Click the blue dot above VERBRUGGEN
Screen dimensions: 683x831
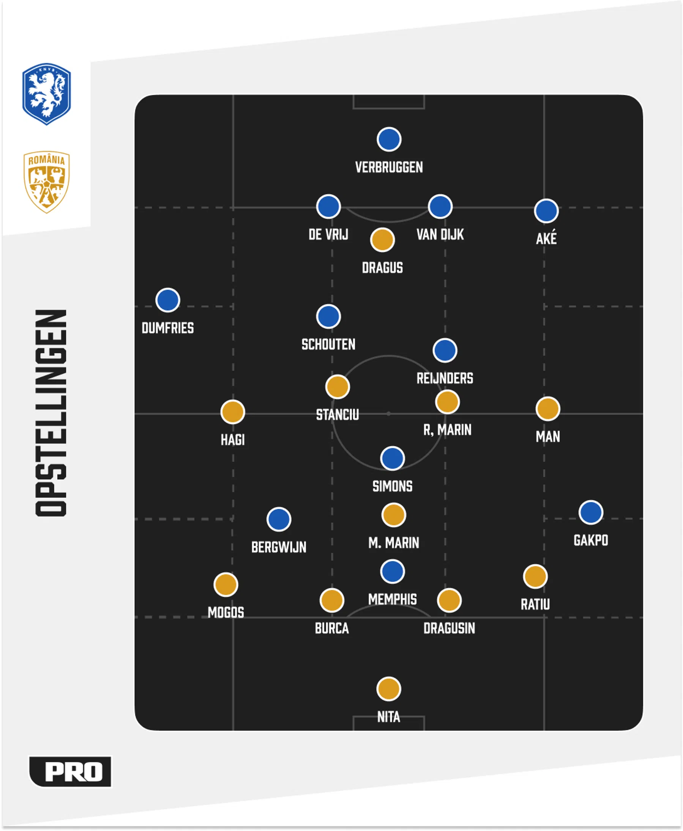(389, 139)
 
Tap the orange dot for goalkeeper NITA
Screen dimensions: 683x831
(389, 689)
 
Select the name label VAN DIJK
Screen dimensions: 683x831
(440, 235)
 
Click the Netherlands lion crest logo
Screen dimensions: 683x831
(46, 94)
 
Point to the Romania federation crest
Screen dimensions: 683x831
(46, 182)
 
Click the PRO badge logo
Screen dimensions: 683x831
(70, 771)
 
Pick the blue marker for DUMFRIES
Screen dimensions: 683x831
(167, 300)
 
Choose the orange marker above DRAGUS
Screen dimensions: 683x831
(382, 239)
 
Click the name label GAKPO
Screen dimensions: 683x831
(590, 540)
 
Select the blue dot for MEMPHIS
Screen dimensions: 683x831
(392, 571)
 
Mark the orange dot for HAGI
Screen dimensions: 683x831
(232, 412)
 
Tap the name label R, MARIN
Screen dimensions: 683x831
(447, 430)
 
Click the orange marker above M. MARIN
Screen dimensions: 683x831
(393, 515)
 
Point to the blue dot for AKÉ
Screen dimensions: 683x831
(546, 211)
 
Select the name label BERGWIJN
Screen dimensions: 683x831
(279, 547)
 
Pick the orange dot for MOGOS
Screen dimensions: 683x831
(226, 584)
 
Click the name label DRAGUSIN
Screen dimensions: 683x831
(449, 628)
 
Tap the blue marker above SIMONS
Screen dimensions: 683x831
(392, 458)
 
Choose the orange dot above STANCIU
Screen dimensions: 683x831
(338, 387)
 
